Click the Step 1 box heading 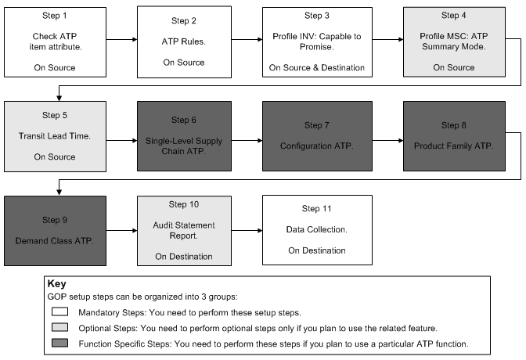pyautogui.click(x=55, y=15)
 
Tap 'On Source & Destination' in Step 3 pyautogui.click(x=316, y=67)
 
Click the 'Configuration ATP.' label pyautogui.click(x=316, y=146)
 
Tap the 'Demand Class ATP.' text pyautogui.click(x=55, y=239)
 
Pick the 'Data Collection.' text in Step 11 pyautogui.click(x=316, y=230)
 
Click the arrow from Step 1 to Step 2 pyautogui.click(x=121, y=41)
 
